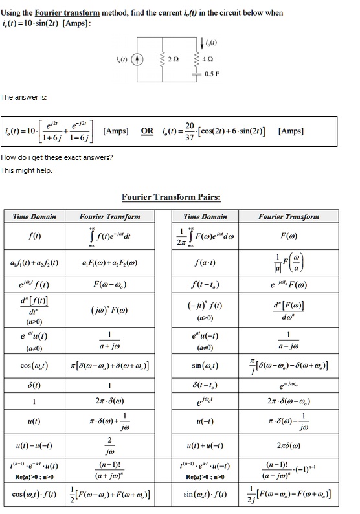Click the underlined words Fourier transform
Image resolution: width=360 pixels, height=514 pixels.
tap(67, 12)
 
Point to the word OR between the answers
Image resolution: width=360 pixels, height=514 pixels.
tap(148, 130)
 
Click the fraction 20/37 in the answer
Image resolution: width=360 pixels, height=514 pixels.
tap(189, 131)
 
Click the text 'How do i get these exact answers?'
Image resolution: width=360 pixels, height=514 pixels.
tap(56, 158)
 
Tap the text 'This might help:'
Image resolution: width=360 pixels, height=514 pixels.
tap(26, 170)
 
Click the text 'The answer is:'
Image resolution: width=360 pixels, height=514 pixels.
tap(23, 97)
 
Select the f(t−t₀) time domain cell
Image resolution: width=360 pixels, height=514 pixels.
tap(205, 284)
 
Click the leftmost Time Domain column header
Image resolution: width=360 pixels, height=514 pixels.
tap(35, 216)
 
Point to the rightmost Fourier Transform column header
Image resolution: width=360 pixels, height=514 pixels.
tap(288, 216)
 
